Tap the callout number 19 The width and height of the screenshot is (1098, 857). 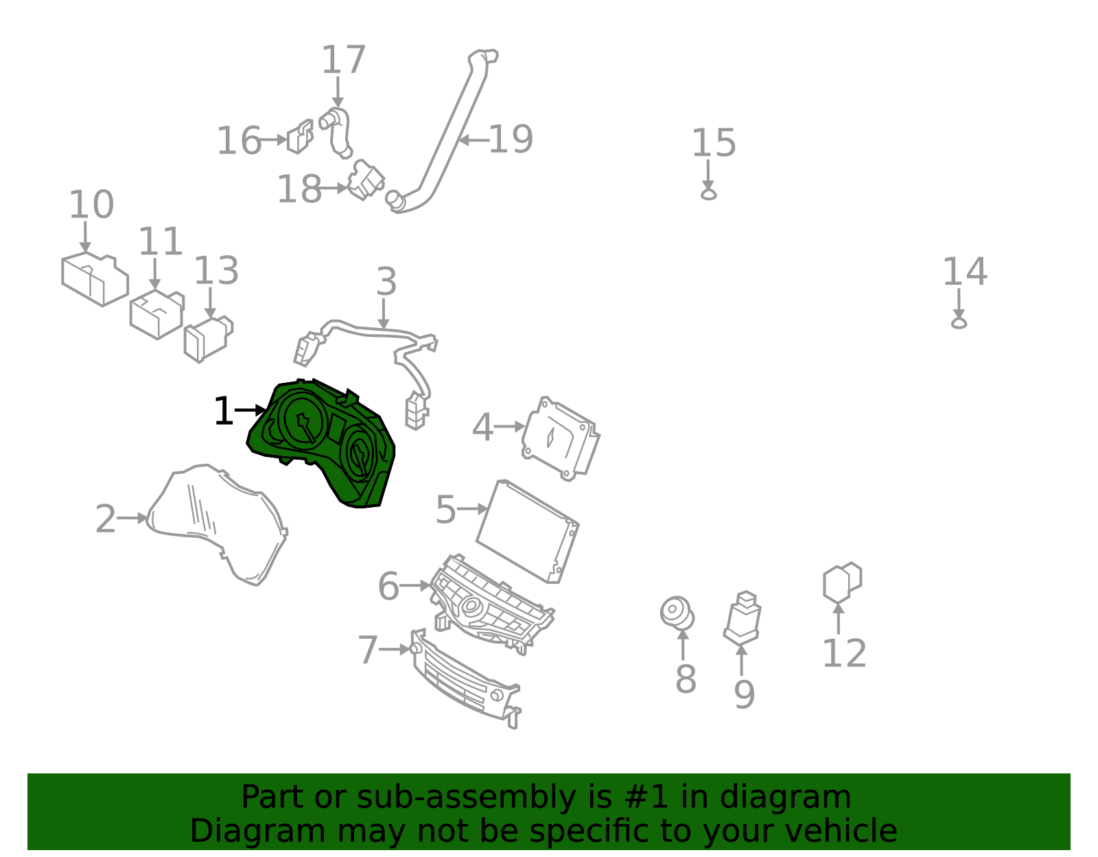click(x=511, y=139)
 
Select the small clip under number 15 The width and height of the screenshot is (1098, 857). click(x=708, y=194)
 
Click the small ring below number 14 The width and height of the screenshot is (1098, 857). click(x=959, y=322)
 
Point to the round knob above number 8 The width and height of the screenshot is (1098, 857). click(x=677, y=613)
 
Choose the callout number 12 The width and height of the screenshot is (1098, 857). click(x=844, y=653)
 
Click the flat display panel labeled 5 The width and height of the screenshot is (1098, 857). click(x=528, y=531)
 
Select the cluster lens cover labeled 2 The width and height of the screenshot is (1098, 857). click(x=216, y=525)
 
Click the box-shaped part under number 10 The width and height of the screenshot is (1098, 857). click(x=95, y=279)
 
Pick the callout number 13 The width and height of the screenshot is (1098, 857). click(x=216, y=270)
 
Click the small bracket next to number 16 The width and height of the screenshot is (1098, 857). click(x=300, y=137)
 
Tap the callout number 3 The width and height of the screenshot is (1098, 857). click(x=386, y=281)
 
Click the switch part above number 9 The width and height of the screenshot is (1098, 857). click(x=743, y=618)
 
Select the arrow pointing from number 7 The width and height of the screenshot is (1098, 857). click(x=395, y=649)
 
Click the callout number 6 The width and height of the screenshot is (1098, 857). click(x=388, y=587)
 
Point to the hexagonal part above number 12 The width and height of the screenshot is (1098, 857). click(x=841, y=583)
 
